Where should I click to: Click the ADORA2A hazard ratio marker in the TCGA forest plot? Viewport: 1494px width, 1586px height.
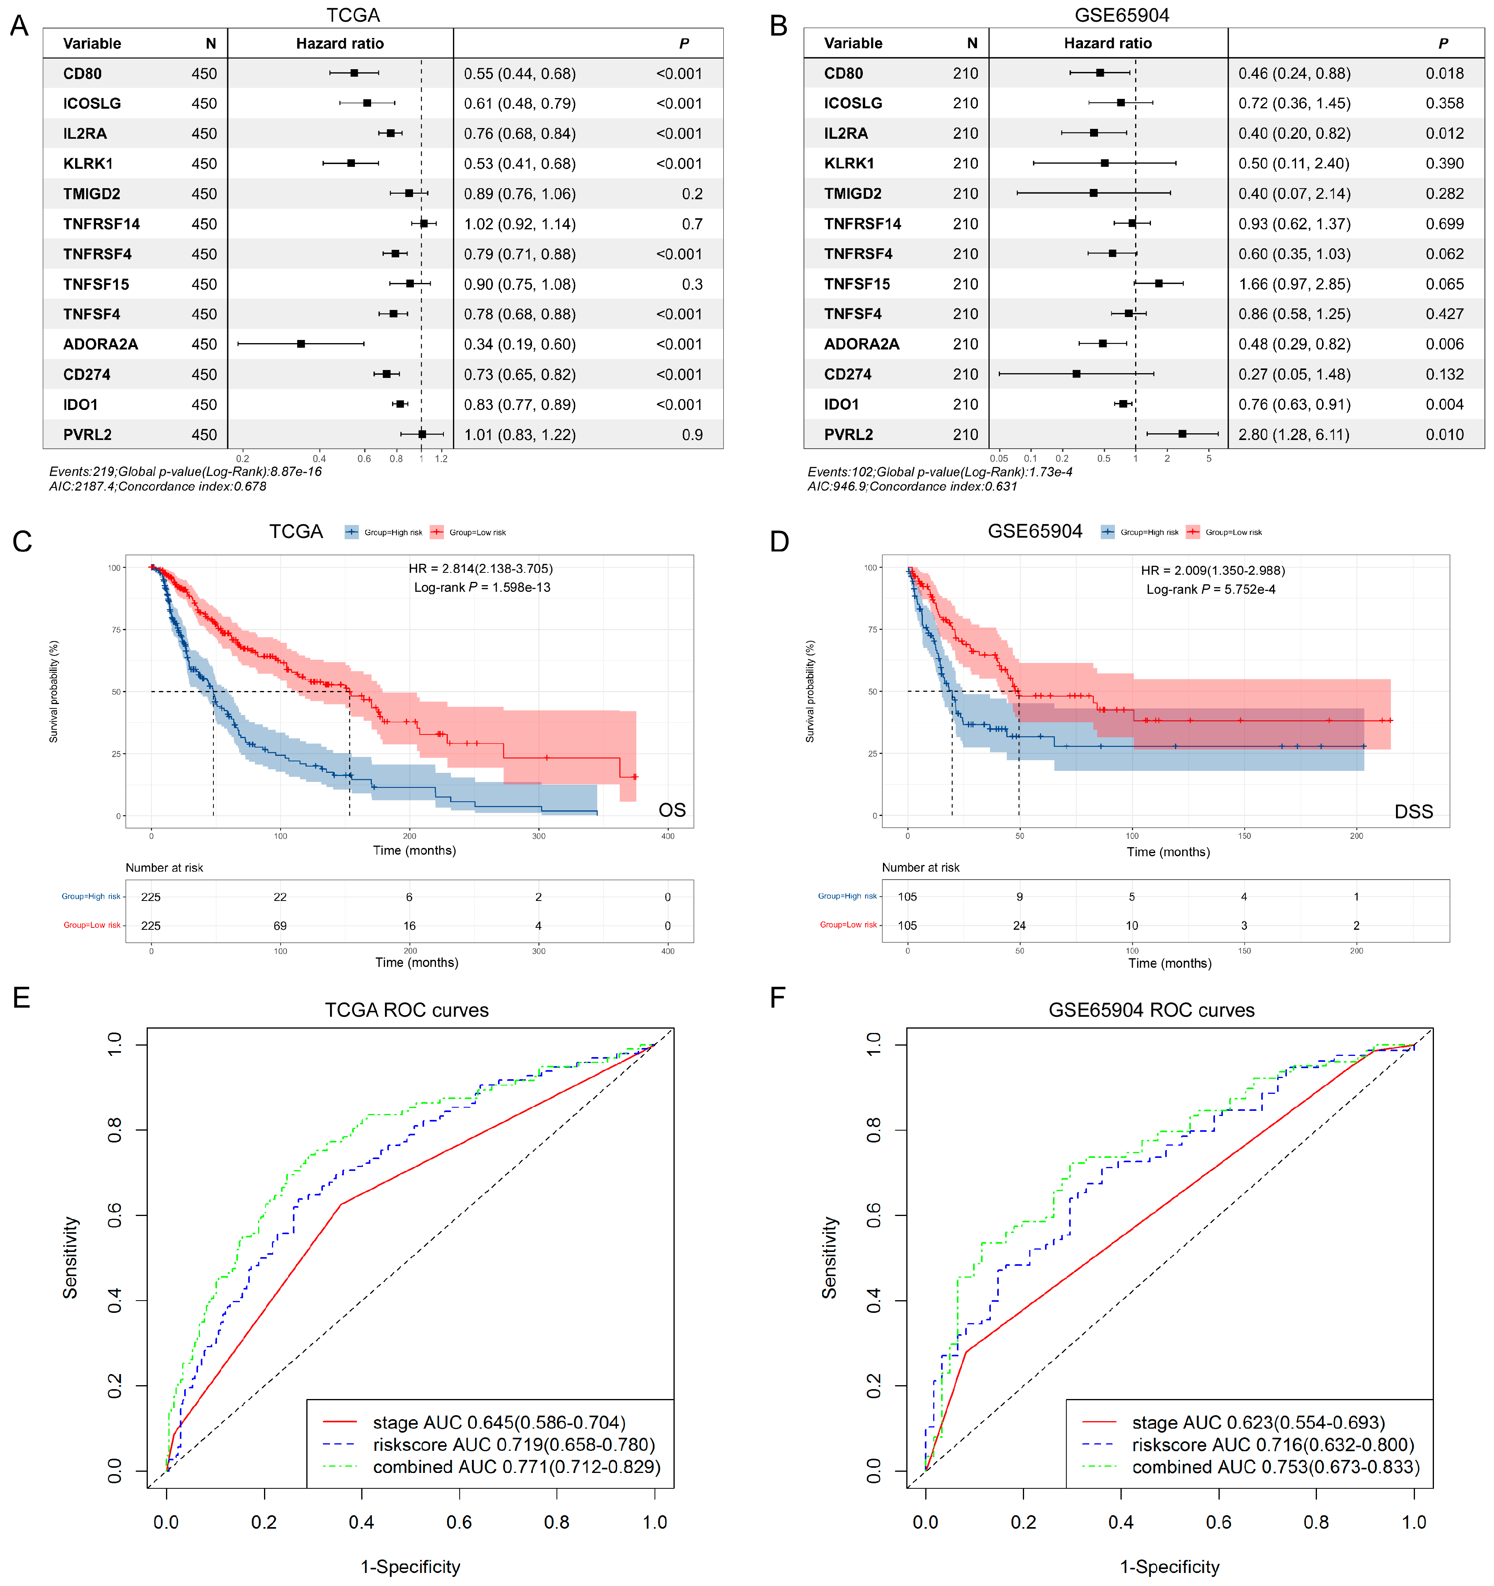(301, 344)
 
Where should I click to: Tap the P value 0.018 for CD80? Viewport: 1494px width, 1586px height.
(1445, 74)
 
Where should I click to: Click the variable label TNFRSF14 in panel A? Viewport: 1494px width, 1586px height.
(101, 224)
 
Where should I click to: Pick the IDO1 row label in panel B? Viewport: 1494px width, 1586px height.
(841, 404)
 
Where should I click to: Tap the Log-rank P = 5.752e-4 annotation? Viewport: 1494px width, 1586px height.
(1211, 589)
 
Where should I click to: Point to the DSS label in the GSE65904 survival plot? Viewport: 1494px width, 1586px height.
(1413, 812)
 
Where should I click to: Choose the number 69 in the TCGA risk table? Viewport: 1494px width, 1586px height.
(280, 925)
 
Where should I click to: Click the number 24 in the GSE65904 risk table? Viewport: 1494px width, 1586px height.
(1019, 925)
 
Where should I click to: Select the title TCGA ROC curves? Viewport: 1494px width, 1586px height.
(407, 1010)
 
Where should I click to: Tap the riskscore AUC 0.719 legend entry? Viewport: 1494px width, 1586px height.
(514, 1445)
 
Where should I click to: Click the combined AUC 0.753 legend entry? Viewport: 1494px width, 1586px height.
(1275, 1467)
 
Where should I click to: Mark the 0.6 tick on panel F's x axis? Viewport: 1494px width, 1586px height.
(1219, 1522)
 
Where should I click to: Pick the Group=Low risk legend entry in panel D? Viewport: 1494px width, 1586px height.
(1232, 532)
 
